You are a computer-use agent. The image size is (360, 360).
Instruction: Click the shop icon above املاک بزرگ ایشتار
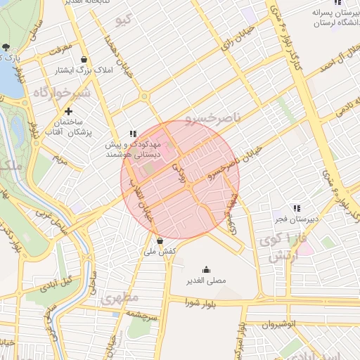[85, 59]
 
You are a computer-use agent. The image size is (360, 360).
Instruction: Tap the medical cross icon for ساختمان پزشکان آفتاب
[68, 111]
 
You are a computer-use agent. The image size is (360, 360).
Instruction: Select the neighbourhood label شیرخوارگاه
[62, 93]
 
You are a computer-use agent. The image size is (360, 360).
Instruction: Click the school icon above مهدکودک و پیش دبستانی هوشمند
[133, 134]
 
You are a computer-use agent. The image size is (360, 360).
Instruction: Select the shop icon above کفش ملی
[160, 241]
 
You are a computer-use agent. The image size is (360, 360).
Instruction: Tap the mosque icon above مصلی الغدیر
[206, 269]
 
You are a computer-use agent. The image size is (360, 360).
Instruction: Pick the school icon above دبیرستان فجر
[297, 208]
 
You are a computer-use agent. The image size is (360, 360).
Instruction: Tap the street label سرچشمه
[147, 316]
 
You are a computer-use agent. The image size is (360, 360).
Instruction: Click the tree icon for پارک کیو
[6, 47]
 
